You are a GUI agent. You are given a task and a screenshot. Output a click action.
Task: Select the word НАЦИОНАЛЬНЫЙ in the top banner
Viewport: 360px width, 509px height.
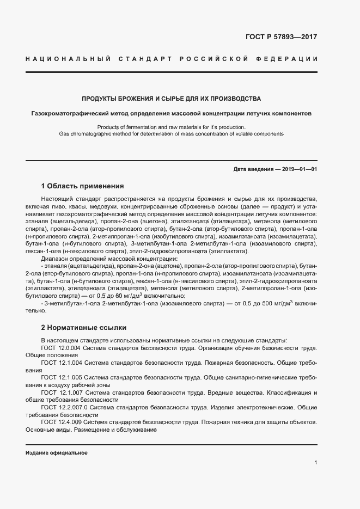[69, 58]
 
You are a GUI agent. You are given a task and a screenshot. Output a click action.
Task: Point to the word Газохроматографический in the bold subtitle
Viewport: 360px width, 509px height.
[68, 115]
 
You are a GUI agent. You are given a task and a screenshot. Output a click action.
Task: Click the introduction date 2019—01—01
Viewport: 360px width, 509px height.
[298, 169]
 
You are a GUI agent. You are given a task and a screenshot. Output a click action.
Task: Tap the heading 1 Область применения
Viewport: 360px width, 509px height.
[83, 186]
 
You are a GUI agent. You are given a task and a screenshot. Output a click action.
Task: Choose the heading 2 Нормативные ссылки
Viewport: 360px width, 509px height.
[84, 328]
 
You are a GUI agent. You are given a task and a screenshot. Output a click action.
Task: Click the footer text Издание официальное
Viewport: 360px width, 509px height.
[57, 453]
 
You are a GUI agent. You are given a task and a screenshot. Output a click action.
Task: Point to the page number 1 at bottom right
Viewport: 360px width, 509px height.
[315, 463]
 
